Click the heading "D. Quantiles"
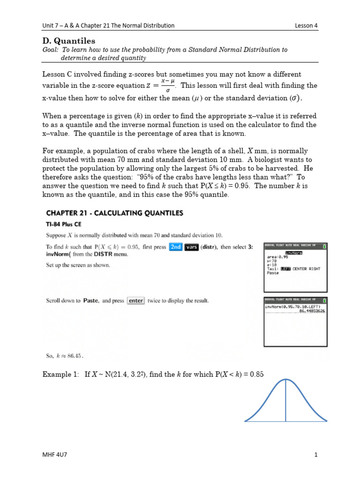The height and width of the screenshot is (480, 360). tap(68, 41)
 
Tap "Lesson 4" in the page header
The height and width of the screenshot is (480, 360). tap(306, 25)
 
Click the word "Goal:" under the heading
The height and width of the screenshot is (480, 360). tap(50, 50)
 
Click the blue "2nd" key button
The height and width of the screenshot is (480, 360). tap(175, 247)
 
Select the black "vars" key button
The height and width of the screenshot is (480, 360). tap(191, 247)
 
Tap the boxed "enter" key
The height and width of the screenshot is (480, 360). tap(136, 300)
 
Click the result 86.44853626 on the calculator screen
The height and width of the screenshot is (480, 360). tap(312, 311)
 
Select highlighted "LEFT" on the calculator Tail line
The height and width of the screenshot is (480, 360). tap(285, 269)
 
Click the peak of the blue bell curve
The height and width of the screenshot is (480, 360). tap(285, 380)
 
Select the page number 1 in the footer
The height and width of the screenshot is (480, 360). tap(316, 455)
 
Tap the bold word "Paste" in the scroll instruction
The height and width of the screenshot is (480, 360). tap(90, 300)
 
